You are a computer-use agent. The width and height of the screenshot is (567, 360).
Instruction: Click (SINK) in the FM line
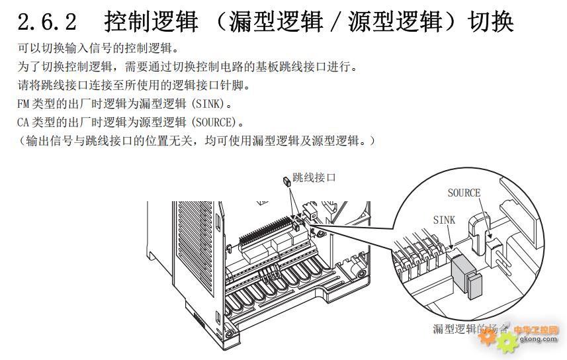pyautogui.click(x=210, y=104)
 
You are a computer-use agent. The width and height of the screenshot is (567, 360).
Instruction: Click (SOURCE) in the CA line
pyautogui.click(x=216, y=122)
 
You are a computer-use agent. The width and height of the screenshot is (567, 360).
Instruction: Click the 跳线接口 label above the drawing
pyautogui.click(x=314, y=177)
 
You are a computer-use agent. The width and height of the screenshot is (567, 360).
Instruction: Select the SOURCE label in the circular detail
pyautogui.click(x=464, y=193)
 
